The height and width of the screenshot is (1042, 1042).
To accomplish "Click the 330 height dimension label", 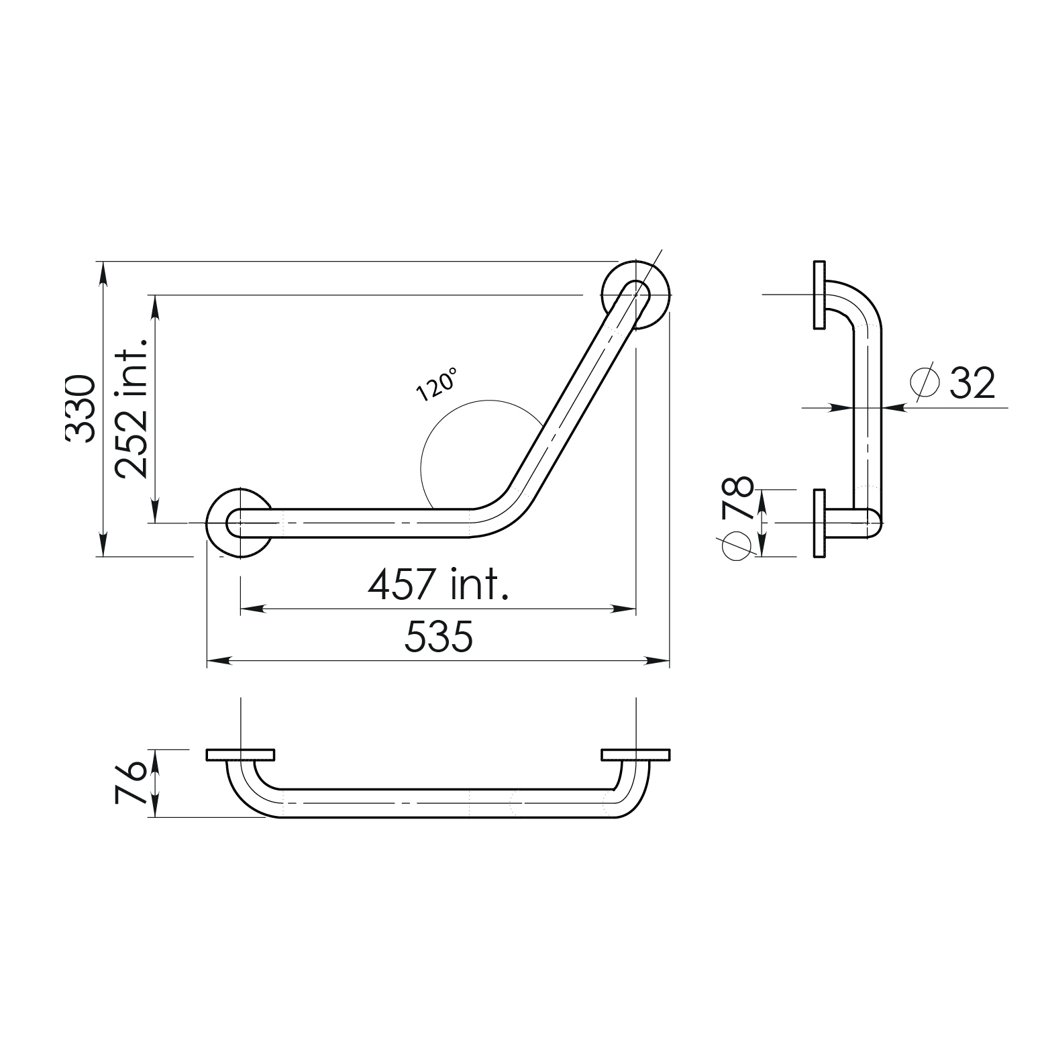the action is [81, 409].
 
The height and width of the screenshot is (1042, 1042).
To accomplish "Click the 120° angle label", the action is [436, 384].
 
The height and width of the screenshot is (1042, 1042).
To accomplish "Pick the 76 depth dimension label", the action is [129, 783].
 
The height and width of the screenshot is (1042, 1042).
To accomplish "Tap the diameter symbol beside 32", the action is [924, 382].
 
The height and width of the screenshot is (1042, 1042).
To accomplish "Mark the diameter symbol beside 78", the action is [737, 545].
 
